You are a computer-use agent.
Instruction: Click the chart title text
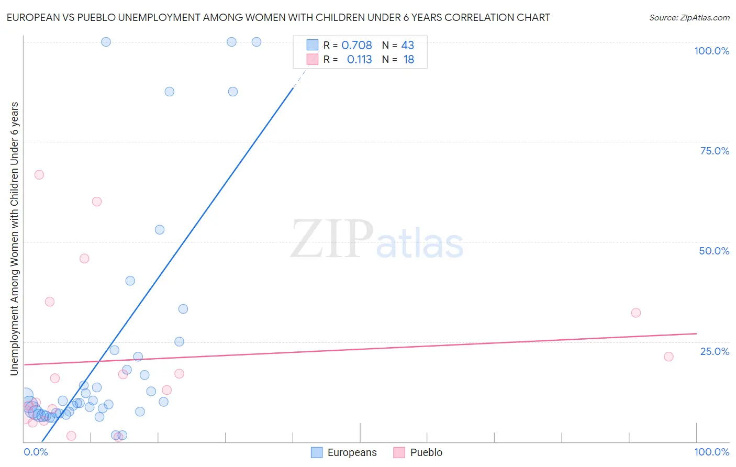pos(278,17)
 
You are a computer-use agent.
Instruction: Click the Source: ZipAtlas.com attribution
pos(689,18)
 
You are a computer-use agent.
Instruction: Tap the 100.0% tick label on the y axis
pos(711,51)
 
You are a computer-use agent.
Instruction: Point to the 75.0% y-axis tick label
pos(715,151)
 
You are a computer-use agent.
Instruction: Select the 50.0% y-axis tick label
pos(714,251)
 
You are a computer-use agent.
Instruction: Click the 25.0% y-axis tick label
pos(715,351)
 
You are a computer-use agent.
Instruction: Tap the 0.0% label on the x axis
pos(36,452)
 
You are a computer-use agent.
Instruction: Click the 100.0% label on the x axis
pos(711,452)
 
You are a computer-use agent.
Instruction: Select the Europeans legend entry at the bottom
pos(344,452)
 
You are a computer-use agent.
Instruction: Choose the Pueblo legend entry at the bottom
pos(418,452)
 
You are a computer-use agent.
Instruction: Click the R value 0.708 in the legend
pos(356,45)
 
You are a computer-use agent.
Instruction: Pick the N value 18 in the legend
pos(408,60)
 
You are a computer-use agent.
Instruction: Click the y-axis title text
pos(14,238)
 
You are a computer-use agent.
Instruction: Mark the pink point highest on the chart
pos(39,175)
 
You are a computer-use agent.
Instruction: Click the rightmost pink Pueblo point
pos(668,357)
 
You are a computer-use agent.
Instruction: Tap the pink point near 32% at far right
pos(636,313)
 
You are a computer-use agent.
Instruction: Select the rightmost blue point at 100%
pos(257,42)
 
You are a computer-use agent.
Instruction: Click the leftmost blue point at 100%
pos(106,42)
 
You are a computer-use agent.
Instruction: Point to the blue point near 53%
pos(160,230)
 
